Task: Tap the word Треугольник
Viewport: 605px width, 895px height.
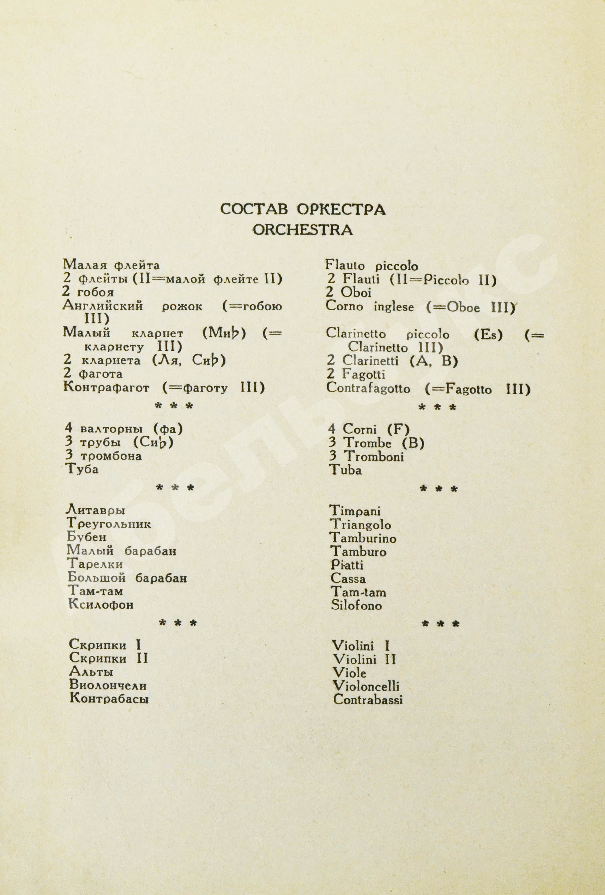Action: point(109,524)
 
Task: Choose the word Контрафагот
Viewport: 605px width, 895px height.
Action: point(106,388)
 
